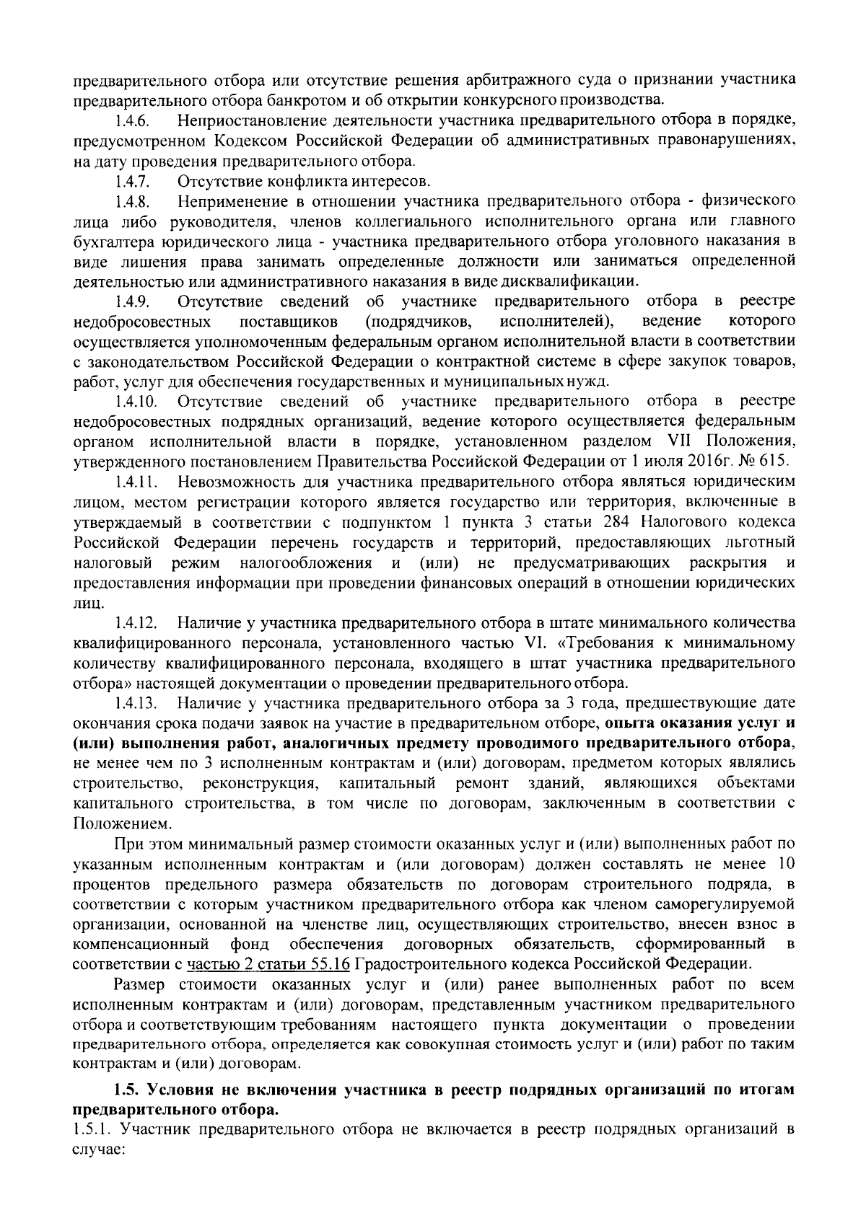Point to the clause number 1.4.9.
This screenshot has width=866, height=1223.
coord(132,301)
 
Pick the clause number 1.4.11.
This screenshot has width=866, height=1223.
coord(135,481)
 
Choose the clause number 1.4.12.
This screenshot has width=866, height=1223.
coord(135,622)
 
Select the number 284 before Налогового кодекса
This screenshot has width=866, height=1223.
coord(626,521)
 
